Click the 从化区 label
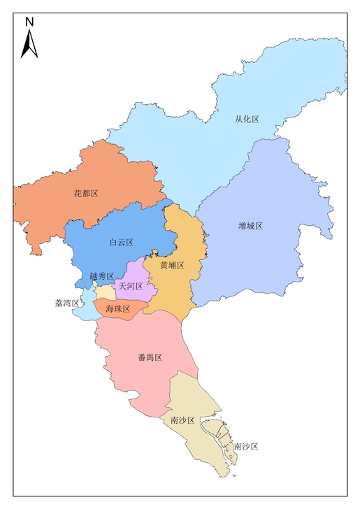click(x=247, y=120)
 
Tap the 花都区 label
click(x=85, y=193)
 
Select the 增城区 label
click(x=250, y=226)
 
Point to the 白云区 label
click(x=121, y=242)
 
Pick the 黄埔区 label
click(x=172, y=266)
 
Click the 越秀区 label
click(x=102, y=277)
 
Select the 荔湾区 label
click(x=66, y=303)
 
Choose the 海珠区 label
click(x=117, y=308)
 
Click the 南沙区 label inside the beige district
click(x=182, y=420)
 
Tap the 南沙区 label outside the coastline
click(x=246, y=446)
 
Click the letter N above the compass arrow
click(x=29, y=22)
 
